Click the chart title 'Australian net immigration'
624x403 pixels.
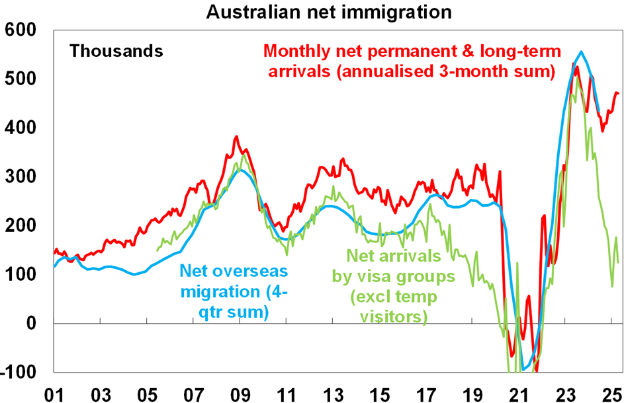(x=312, y=11)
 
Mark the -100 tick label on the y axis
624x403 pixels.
(x=20, y=372)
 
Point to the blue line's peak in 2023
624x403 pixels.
(x=581, y=52)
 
